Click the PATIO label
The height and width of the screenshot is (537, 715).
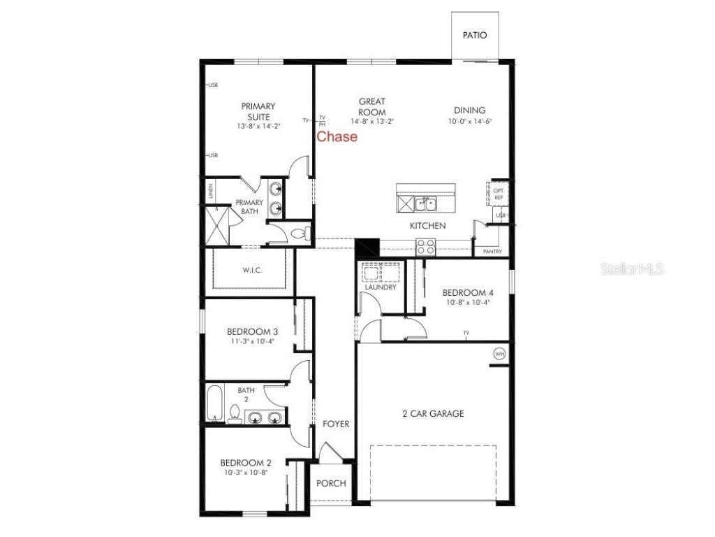click(x=475, y=35)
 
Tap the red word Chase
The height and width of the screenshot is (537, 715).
click(x=337, y=136)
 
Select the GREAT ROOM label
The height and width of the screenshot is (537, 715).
click(x=372, y=106)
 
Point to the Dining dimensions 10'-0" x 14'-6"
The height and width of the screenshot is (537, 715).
click(x=469, y=122)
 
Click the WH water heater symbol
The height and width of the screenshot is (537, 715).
click(x=499, y=354)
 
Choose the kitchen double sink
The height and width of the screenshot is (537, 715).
click(x=425, y=203)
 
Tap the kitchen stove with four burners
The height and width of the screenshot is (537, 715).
click(x=425, y=246)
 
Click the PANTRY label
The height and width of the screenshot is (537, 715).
click(x=492, y=251)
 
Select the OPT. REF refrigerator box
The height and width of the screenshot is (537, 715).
click(x=499, y=194)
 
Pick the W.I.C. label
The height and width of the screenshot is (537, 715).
click(x=253, y=271)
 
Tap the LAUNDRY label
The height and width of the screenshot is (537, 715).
click(x=381, y=287)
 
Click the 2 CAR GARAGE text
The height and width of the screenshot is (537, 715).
click(x=433, y=414)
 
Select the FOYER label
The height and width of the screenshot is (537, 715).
click(x=336, y=424)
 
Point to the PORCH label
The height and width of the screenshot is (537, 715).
click(x=331, y=484)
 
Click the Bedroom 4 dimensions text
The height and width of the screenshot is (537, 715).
click(x=469, y=303)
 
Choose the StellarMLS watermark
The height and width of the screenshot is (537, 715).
click(x=633, y=269)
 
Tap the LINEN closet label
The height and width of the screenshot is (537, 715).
click(x=210, y=191)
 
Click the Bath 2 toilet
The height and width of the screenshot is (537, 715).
click(x=235, y=413)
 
